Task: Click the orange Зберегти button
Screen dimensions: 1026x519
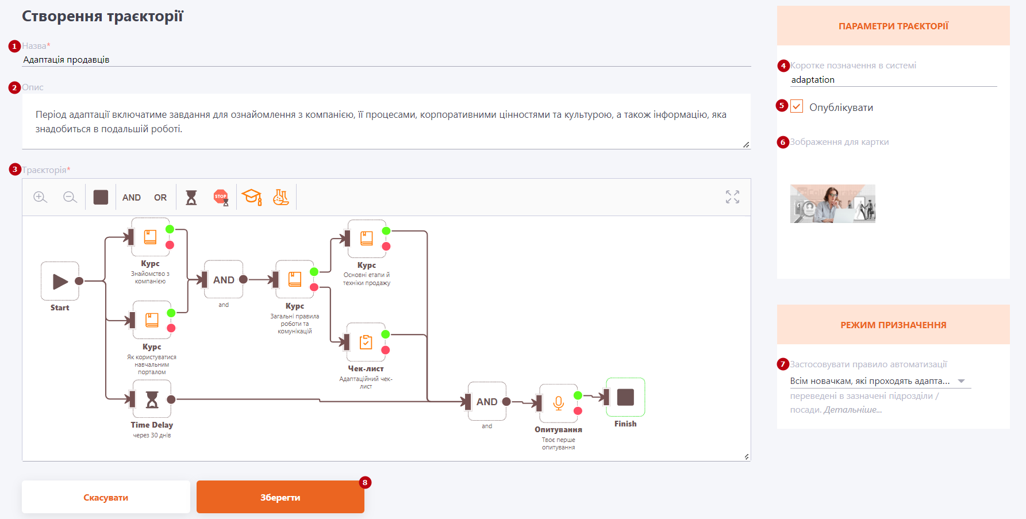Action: click(280, 497)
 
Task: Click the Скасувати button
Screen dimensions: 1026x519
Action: click(106, 497)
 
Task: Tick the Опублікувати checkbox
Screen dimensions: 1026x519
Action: click(797, 106)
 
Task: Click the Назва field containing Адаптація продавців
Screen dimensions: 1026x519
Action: click(386, 60)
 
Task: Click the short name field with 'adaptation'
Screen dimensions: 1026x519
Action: click(893, 80)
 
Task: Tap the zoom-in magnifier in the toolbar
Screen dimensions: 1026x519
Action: click(40, 197)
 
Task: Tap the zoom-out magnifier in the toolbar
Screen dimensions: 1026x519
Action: click(70, 197)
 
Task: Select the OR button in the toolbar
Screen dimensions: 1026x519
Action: click(160, 198)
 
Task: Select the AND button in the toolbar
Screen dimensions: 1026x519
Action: click(132, 198)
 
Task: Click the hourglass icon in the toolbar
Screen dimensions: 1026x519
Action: click(191, 198)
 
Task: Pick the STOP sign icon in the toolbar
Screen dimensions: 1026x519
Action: click(221, 198)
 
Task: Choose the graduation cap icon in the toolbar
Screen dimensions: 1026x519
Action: click(252, 197)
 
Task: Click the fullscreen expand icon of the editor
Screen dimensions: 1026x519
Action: click(732, 197)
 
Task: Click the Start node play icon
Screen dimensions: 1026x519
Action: click(60, 281)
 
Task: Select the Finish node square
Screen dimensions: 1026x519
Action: click(625, 397)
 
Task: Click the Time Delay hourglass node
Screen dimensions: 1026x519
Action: click(152, 399)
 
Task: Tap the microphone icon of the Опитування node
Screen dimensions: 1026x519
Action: click(558, 403)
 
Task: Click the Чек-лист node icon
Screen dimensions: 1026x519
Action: click(366, 342)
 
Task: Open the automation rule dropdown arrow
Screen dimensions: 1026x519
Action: click(961, 381)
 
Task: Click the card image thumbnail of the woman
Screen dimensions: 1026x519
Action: click(833, 203)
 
